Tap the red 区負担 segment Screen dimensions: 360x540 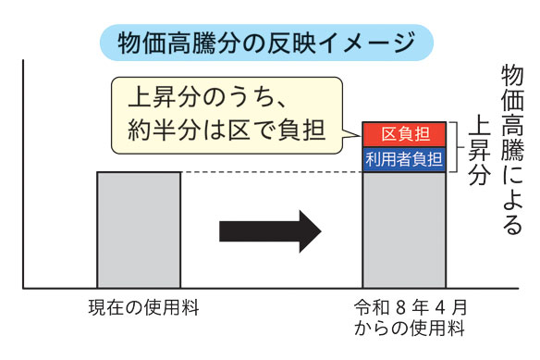click(x=404, y=134)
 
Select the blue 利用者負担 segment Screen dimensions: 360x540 click(x=404, y=159)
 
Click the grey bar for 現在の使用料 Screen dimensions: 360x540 click(x=139, y=230)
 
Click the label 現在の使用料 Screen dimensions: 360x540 click(x=139, y=306)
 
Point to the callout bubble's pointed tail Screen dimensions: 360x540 click(x=347, y=136)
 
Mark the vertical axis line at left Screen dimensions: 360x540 click(x=23, y=176)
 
